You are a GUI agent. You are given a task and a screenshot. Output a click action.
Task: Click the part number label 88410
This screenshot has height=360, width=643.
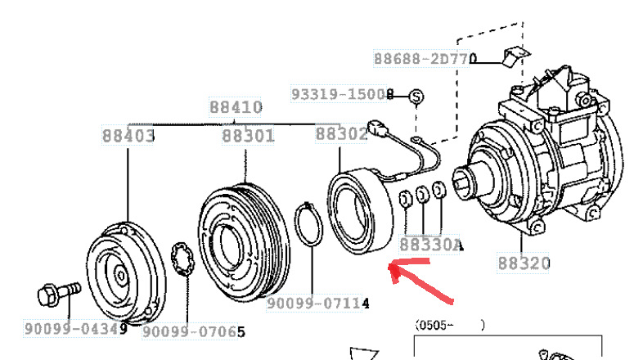tap(236, 107)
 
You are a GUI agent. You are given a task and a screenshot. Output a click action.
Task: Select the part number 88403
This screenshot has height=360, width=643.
tap(128, 136)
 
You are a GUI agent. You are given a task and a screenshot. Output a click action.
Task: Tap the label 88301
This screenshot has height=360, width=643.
tap(248, 136)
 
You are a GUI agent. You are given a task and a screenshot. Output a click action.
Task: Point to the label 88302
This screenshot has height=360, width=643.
tap(341, 133)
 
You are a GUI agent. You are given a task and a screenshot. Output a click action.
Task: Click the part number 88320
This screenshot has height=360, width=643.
tap(524, 263)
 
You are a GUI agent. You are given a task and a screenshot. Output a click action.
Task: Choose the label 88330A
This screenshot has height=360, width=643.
tap(431, 245)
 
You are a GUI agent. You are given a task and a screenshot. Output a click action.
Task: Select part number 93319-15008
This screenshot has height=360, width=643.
tap(343, 94)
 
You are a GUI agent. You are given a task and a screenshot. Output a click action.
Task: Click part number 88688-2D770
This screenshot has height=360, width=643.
tap(425, 59)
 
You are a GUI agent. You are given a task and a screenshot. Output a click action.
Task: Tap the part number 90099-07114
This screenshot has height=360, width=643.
tap(317, 304)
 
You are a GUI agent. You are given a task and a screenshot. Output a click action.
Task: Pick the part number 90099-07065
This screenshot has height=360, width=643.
tap(194, 331)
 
